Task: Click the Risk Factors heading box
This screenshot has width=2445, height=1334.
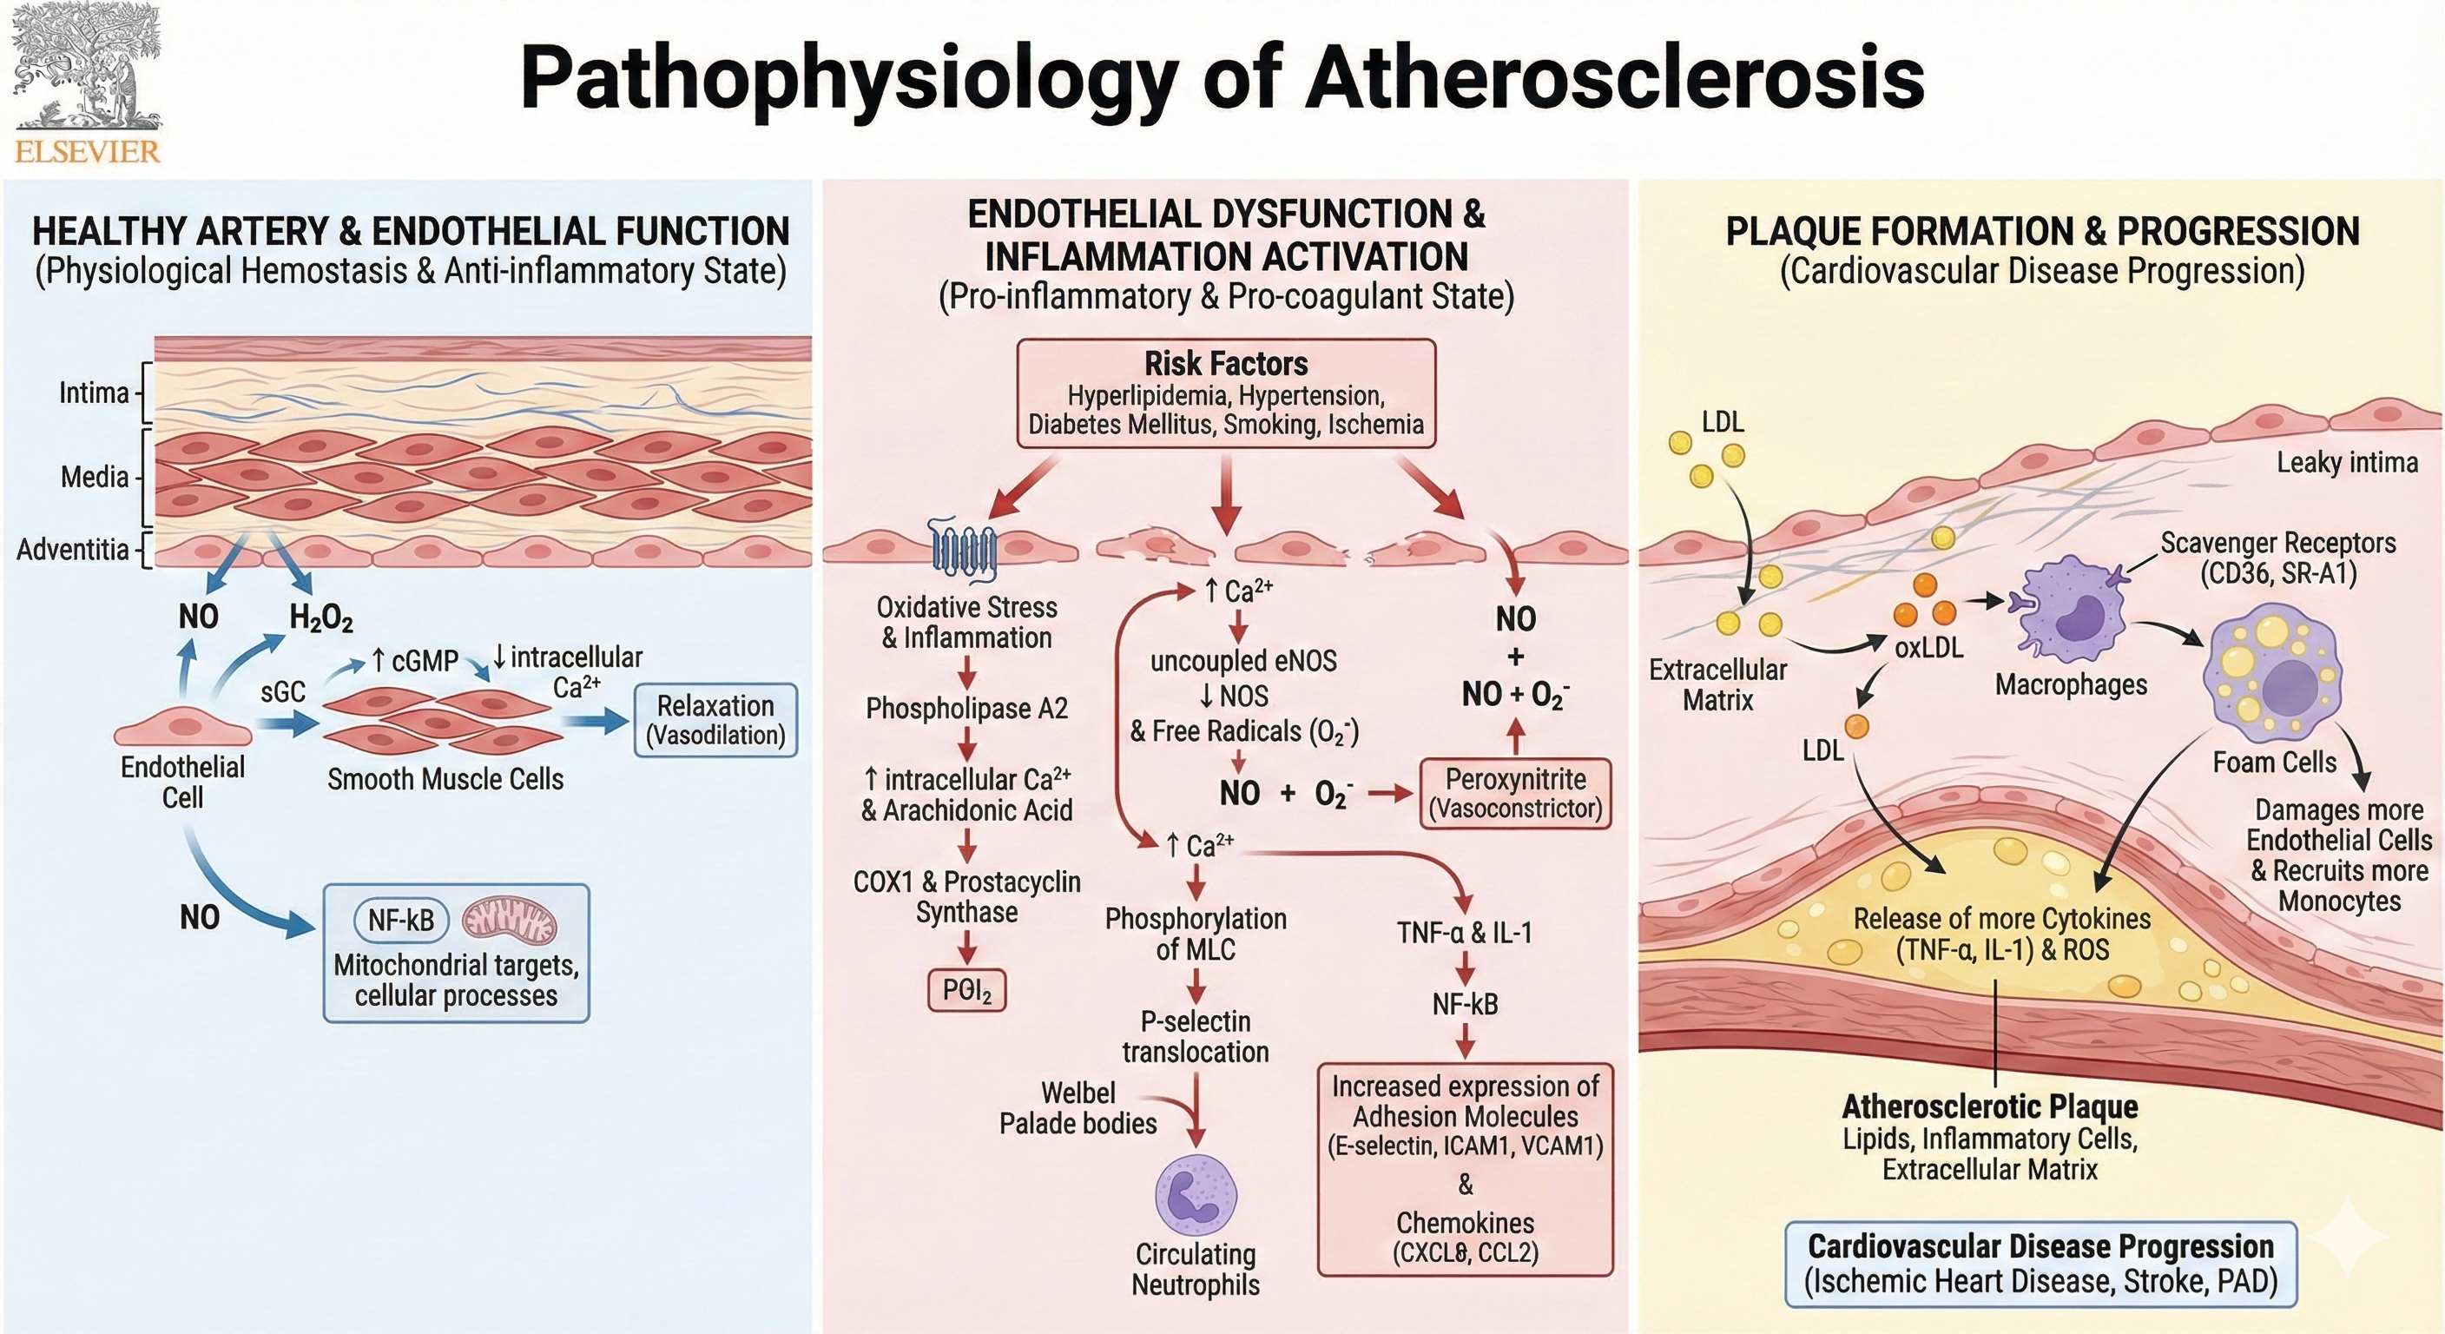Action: (1225, 393)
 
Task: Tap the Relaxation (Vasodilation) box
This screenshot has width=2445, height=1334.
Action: (715, 720)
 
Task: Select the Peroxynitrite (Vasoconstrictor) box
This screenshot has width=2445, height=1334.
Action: (1515, 793)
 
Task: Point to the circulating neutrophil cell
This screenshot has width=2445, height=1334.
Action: (1195, 1194)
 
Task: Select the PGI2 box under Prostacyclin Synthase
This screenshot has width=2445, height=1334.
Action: (966, 991)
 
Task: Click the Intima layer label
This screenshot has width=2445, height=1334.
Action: (93, 393)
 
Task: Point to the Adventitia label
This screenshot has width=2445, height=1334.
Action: (72, 549)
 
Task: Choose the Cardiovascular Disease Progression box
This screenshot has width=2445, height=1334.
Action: (2040, 1264)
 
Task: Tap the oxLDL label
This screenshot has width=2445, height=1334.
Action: (1928, 649)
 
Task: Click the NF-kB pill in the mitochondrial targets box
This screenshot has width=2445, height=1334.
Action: (400, 920)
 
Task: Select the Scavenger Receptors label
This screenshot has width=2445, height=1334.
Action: (2278, 558)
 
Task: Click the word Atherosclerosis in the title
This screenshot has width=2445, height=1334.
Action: (1613, 78)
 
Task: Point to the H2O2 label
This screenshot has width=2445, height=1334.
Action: (320, 619)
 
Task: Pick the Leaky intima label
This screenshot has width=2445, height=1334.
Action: (2346, 462)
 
